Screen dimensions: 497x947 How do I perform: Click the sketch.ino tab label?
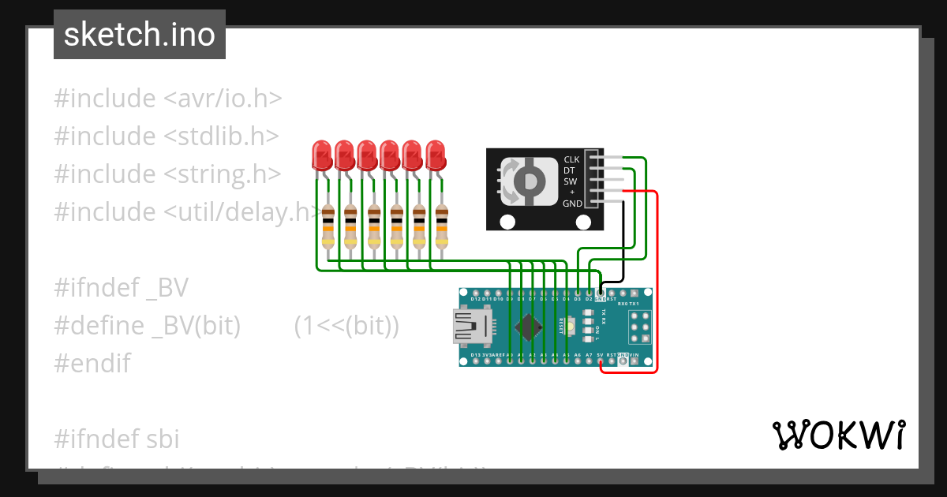140,35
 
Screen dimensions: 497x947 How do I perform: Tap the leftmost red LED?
321,155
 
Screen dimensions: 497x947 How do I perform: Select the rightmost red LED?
436,155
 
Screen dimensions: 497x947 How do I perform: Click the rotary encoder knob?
522,181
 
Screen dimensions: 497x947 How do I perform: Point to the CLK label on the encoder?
571,160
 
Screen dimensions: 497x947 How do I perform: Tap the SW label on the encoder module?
571,181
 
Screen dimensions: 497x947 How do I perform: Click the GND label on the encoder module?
572,204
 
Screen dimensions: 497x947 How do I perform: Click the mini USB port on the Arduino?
472,326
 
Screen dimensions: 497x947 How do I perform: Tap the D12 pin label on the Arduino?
475,300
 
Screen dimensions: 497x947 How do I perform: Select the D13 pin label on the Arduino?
475,356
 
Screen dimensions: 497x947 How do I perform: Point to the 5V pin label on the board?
600,356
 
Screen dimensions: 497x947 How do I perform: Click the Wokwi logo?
838,435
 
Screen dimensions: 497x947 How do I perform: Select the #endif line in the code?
92,364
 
